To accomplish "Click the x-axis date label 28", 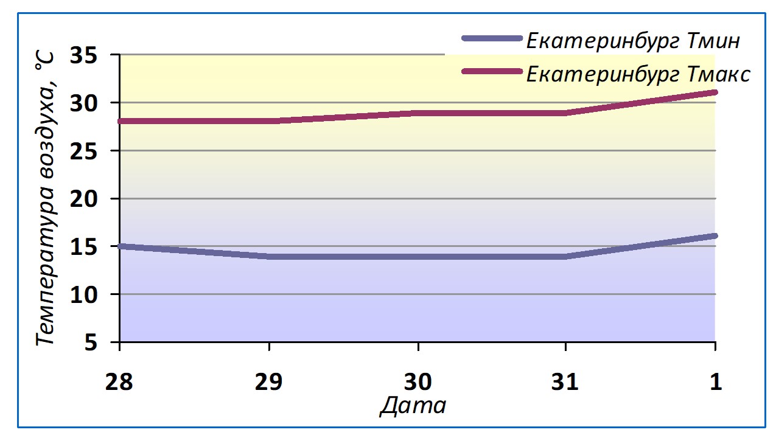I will click(120, 382).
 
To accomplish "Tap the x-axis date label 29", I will click(269, 382).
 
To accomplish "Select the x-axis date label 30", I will click(418, 382).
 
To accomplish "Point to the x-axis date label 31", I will click(567, 382).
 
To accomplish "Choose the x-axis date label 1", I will click(715, 382).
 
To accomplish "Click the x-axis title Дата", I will click(413, 406).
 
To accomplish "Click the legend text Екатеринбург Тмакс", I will click(638, 74).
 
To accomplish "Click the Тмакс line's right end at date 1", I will click(714, 92).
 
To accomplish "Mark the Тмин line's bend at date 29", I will click(269, 257).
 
